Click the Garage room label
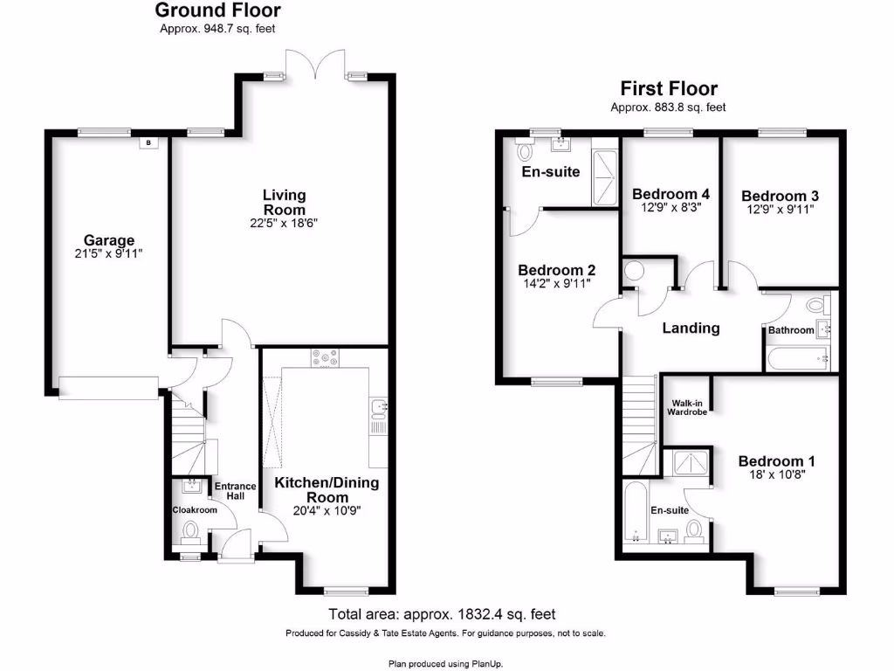(109, 240)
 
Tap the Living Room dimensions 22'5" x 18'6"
(284, 223)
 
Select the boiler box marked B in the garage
(148, 142)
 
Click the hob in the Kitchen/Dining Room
(325, 357)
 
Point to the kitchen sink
(379, 407)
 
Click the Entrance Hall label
(235, 491)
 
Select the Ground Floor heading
(217, 10)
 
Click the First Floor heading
(669, 88)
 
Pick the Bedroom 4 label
(670, 194)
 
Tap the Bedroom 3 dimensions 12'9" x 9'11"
(780, 210)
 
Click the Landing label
(691, 329)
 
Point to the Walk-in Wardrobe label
(687, 407)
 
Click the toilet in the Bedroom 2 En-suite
(524, 149)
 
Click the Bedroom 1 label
(776, 461)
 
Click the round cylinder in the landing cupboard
(634, 271)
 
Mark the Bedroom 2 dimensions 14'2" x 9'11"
(556, 284)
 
